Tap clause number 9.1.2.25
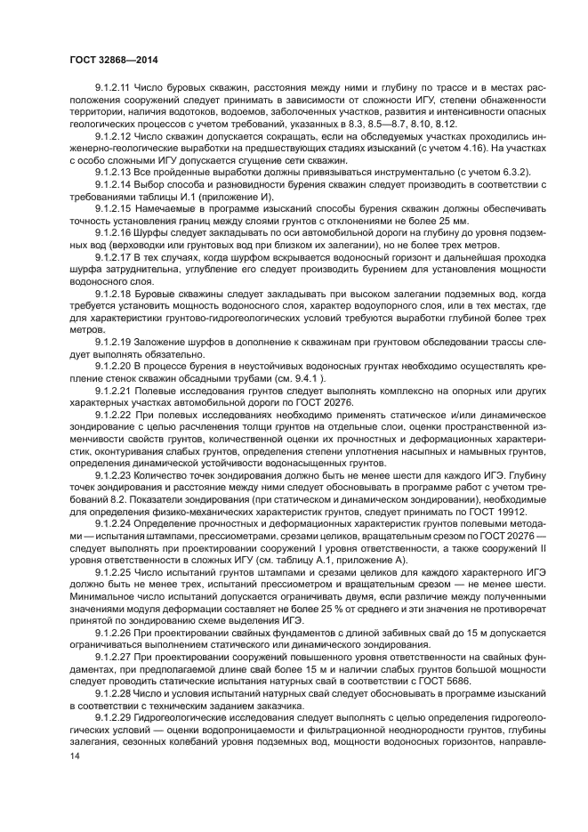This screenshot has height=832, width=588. coord(113,576)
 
